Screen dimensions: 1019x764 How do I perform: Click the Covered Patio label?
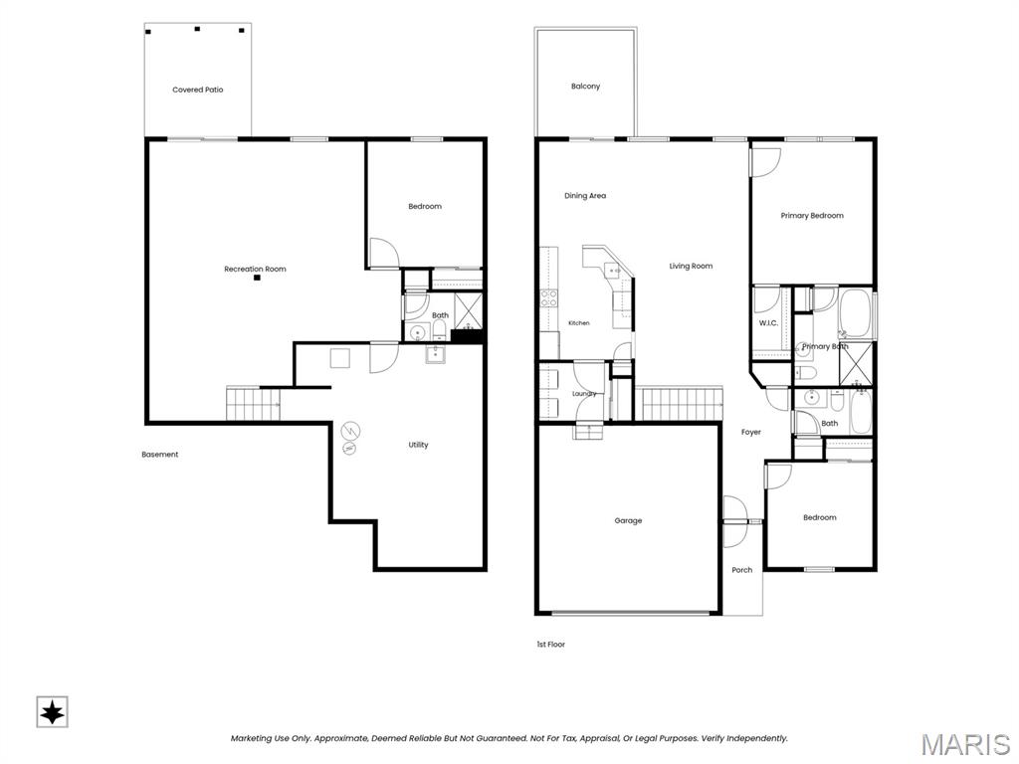[x=198, y=90]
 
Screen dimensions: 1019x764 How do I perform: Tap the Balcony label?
[x=585, y=87]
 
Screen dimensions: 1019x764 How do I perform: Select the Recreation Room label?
[x=255, y=269]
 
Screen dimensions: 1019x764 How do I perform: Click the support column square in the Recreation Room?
[x=258, y=279]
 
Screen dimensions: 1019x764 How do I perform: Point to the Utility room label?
[x=419, y=445]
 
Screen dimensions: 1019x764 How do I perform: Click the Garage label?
[x=629, y=520]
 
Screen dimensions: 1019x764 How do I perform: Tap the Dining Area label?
[x=585, y=196]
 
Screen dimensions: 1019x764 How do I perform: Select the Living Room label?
[x=691, y=266]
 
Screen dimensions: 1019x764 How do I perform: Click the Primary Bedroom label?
[x=812, y=216]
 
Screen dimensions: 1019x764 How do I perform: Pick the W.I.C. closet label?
[x=768, y=323]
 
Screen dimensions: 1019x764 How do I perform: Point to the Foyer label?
[x=751, y=432]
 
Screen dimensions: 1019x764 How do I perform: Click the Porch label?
[x=742, y=570]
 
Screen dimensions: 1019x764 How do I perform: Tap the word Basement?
[x=160, y=455]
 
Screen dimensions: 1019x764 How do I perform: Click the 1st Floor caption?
[x=551, y=645]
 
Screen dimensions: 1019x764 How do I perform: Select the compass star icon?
[x=52, y=712]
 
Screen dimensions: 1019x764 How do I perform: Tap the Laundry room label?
[x=584, y=394]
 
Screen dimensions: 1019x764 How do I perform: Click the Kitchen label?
[x=579, y=323]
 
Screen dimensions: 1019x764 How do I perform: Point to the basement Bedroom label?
[x=425, y=207]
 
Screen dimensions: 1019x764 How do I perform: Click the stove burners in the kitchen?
[x=549, y=298]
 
